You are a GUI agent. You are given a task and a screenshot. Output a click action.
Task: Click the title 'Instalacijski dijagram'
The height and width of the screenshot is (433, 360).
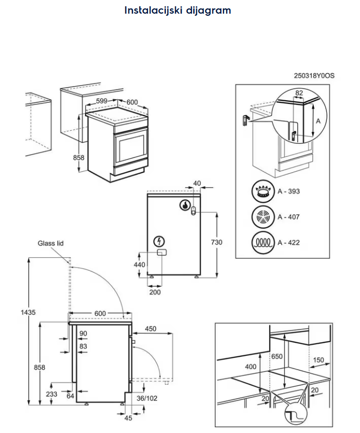point(177,10)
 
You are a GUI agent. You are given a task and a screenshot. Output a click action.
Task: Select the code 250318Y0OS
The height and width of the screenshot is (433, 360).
point(314,76)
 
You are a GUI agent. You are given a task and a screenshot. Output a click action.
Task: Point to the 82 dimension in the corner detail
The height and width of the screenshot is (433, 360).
point(299,93)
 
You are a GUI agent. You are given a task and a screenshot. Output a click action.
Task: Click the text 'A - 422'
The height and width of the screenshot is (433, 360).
point(289,242)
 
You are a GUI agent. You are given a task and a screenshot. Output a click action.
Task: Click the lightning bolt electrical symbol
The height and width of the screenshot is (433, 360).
point(158,241)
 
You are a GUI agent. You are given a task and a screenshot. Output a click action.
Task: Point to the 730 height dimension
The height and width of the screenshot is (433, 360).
point(217,242)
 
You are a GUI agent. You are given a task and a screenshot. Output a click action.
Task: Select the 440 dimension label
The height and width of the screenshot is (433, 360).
point(139,265)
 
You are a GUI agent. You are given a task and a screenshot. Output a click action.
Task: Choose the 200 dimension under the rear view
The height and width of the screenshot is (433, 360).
point(155,292)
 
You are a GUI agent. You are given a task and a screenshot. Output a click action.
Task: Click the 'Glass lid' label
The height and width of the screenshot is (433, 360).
point(50,244)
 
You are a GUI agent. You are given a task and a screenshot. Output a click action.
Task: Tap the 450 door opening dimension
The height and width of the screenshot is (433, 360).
point(151,329)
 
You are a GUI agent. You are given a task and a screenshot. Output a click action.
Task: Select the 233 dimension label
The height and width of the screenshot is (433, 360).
point(52,394)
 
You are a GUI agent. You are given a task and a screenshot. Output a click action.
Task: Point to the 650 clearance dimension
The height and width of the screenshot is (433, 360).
point(277,356)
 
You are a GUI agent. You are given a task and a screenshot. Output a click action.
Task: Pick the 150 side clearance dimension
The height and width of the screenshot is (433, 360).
point(317,361)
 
